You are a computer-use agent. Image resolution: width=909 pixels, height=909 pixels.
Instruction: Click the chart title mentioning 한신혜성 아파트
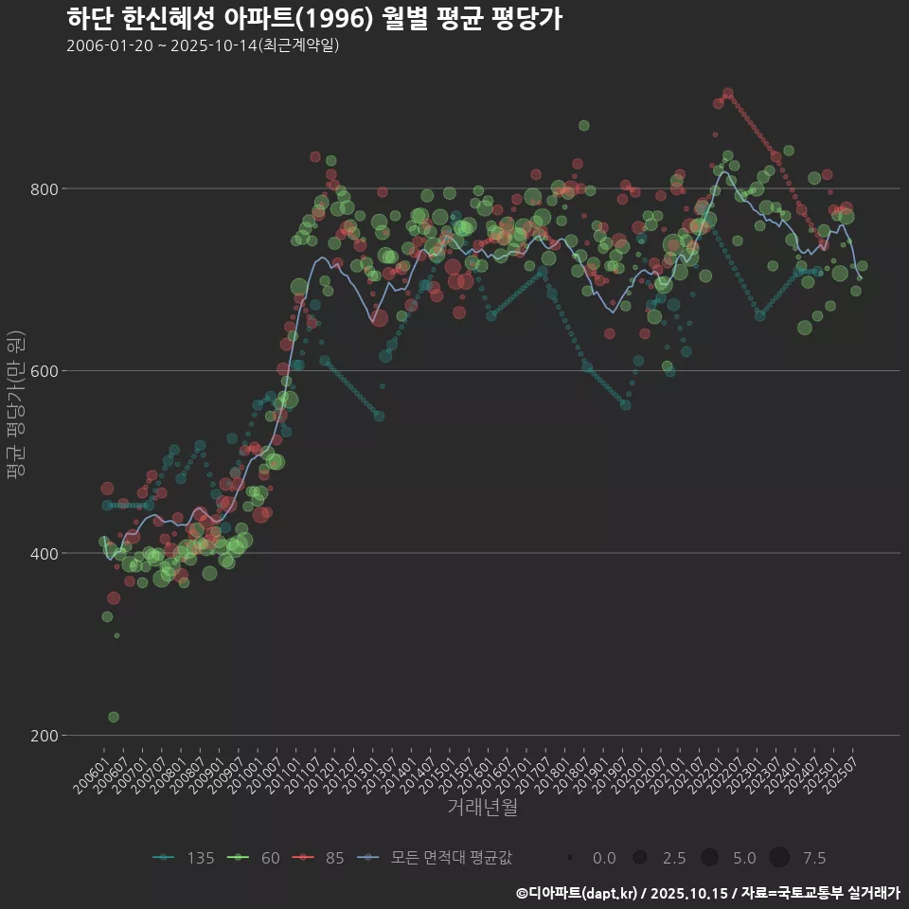click(314, 18)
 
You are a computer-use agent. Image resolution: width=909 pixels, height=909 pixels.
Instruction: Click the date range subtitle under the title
click(203, 45)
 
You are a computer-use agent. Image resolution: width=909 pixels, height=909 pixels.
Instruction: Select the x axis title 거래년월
click(483, 808)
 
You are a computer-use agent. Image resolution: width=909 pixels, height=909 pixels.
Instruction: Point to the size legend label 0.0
click(604, 858)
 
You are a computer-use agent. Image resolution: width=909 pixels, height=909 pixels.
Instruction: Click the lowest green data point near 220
click(114, 717)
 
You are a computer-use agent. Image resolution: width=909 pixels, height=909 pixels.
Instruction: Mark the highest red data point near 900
click(727, 94)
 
